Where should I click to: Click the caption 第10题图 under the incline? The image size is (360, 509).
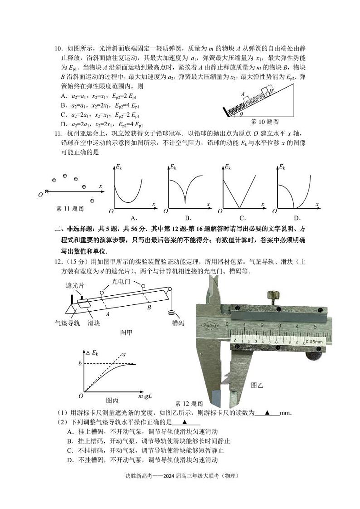tap(265, 122)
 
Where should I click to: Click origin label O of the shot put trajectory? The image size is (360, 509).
tap(40, 194)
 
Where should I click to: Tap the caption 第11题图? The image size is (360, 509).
tap(70, 209)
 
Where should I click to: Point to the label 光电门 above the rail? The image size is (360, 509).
tap(121, 282)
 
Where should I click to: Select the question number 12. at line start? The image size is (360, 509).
tap(59, 259)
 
